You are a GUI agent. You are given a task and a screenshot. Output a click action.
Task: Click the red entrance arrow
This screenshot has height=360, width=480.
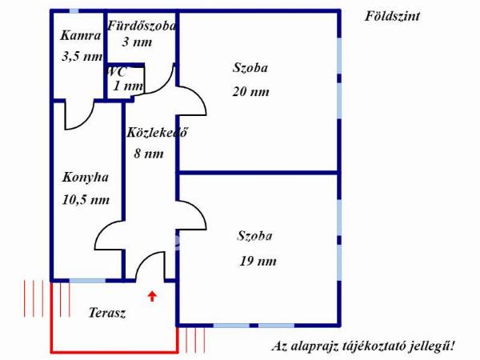pyautogui.click(x=153, y=296)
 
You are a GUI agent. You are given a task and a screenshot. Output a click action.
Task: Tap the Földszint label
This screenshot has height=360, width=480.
pyautogui.click(x=392, y=17)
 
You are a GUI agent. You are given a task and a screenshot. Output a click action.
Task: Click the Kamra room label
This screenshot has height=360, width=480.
pyautogui.click(x=81, y=36)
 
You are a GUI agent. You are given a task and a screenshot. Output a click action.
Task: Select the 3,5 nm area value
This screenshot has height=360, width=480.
pyautogui.click(x=82, y=56)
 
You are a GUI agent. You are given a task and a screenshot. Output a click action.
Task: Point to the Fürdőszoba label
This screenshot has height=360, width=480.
pyautogui.click(x=142, y=26)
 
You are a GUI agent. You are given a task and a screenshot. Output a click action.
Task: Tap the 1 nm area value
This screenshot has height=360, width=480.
pyautogui.click(x=128, y=86)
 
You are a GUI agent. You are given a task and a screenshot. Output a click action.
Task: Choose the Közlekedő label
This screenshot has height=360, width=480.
pyautogui.click(x=157, y=133)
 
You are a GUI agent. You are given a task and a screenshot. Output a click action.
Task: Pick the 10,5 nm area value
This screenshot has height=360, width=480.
pyautogui.click(x=86, y=200)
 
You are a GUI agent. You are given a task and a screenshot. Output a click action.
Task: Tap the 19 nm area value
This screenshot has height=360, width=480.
pyautogui.click(x=258, y=261)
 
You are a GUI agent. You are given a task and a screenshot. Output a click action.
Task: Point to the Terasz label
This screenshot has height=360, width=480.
pyautogui.click(x=107, y=313)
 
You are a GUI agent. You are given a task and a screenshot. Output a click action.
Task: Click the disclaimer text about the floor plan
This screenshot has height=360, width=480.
pyautogui.click(x=364, y=346)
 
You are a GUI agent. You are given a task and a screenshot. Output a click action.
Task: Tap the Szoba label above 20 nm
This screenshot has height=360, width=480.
pyautogui.click(x=250, y=68)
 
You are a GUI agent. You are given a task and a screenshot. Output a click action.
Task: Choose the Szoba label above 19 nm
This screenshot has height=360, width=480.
pyautogui.click(x=254, y=236)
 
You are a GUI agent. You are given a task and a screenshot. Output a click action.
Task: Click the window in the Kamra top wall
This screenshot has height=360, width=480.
pyautogui.click(x=74, y=10)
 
